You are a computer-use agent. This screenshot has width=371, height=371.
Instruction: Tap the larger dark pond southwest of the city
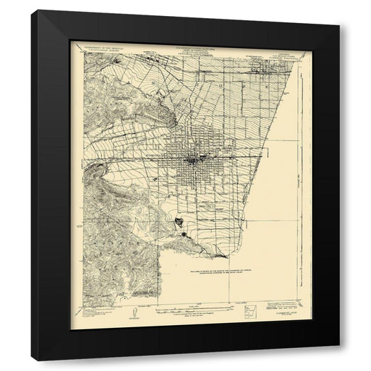click(x=179, y=222)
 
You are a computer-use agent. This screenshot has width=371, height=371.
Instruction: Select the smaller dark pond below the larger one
click(x=184, y=235)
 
